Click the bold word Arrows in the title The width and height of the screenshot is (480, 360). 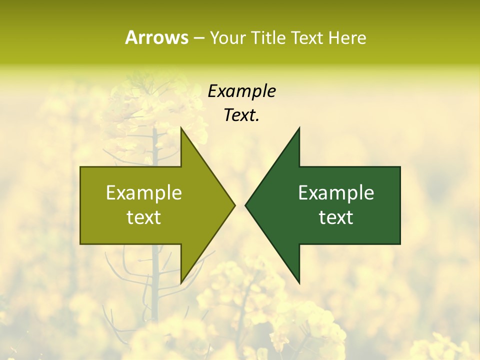[x=156, y=37]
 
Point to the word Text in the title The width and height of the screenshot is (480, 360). [x=307, y=38]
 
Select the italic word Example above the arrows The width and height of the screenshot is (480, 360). [x=241, y=91]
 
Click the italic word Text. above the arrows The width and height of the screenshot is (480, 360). [x=241, y=115]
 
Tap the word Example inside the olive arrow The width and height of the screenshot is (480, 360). [x=144, y=193]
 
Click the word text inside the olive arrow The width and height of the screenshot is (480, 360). [x=144, y=217]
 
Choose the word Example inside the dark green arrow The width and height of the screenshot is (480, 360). [x=336, y=193]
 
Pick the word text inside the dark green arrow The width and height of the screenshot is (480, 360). [x=336, y=217]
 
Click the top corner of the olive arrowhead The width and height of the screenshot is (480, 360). [x=181, y=128]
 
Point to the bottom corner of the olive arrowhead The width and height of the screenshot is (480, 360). [x=181, y=282]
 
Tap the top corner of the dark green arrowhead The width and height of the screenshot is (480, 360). [x=299, y=128]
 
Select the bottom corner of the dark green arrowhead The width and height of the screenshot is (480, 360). [x=299, y=282]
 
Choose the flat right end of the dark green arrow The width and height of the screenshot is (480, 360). [x=399, y=205]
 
